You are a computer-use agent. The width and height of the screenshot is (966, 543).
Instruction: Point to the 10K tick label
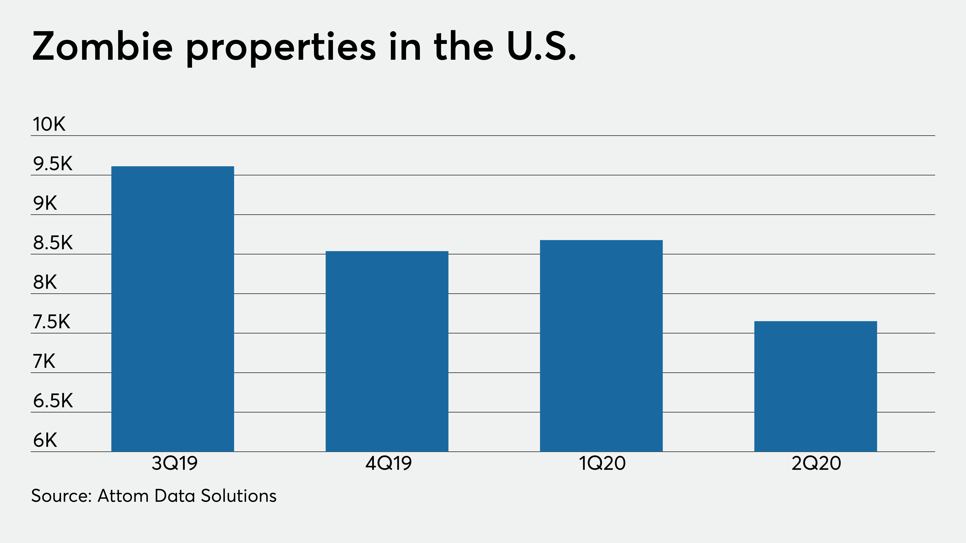[x=49, y=124]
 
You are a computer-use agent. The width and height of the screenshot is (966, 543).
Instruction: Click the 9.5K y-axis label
[x=53, y=164]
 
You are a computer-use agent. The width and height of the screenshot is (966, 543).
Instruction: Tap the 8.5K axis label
[x=53, y=243]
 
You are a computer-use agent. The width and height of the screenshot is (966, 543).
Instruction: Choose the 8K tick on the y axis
[x=45, y=282]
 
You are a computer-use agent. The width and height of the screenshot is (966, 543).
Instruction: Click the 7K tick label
[x=44, y=361]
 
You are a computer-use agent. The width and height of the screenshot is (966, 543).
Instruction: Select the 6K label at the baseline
[x=45, y=440]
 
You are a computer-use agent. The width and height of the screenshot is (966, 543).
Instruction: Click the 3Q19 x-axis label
[x=174, y=464]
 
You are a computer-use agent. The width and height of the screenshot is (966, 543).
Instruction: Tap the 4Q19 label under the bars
[x=388, y=464]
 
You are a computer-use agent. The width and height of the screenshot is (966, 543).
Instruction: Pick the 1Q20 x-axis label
[x=603, y=464]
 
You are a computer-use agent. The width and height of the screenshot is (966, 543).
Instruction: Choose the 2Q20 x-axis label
[x=816, y=464]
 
